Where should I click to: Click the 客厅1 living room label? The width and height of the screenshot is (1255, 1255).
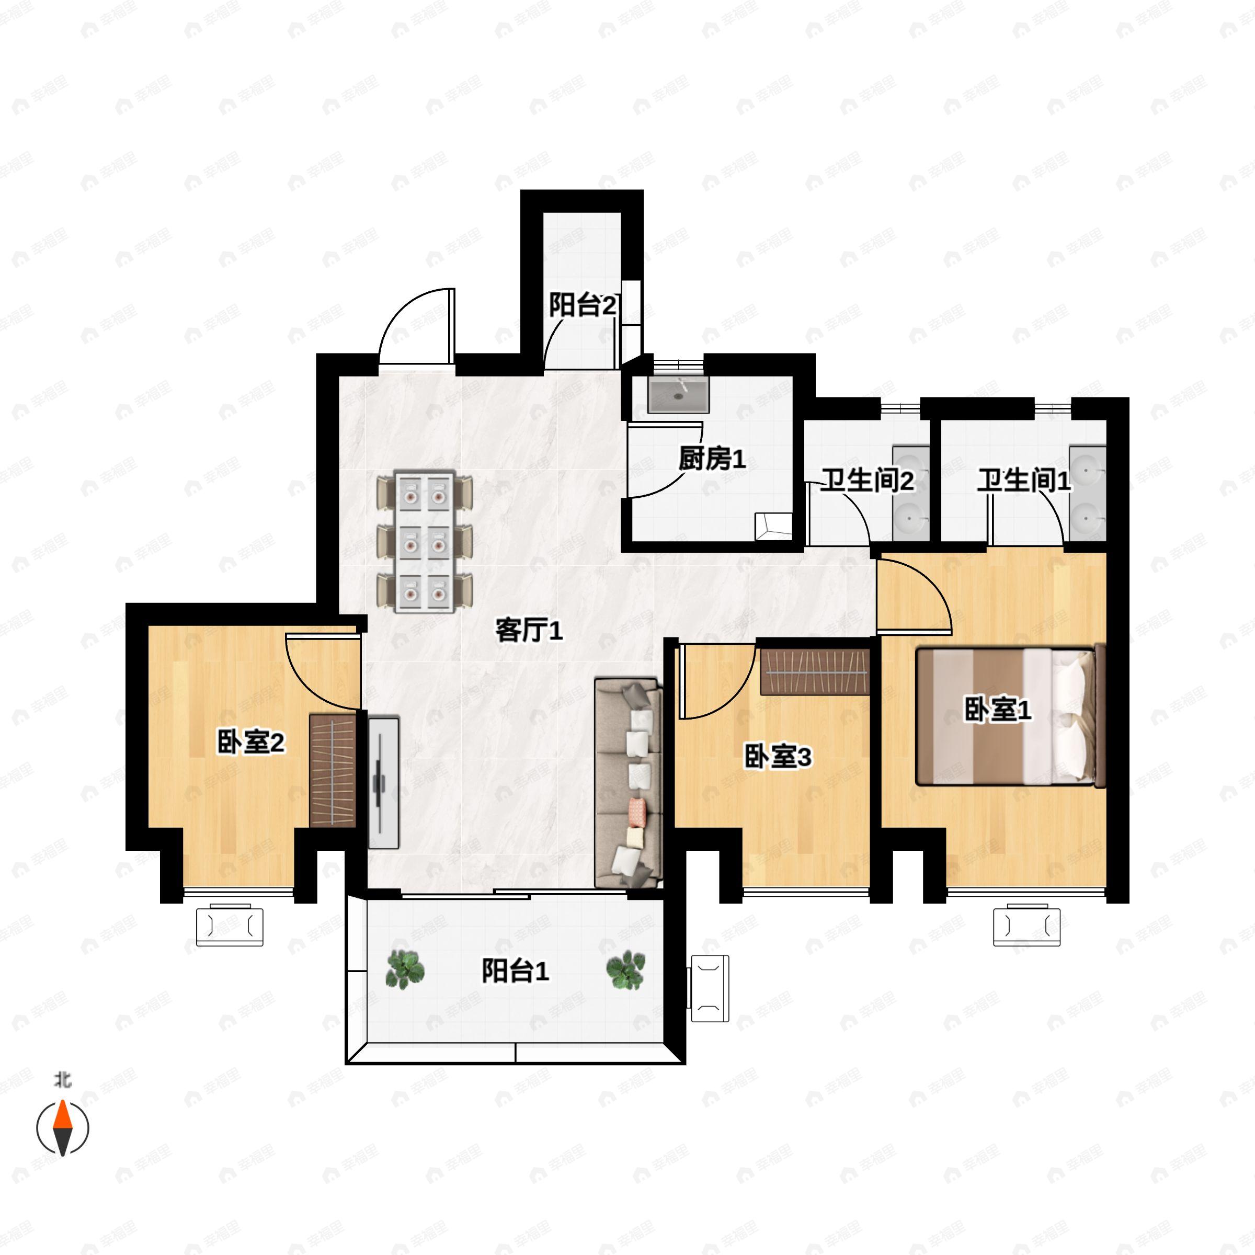click(x=529, y=630)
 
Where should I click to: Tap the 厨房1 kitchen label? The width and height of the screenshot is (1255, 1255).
click(x=712, y=459)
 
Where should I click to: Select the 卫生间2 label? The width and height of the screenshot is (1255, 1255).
click(x=866, y=480)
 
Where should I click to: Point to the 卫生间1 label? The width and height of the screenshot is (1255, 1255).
click(x=1024, y=480)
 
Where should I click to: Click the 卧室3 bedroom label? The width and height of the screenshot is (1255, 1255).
click(x=778, y=756)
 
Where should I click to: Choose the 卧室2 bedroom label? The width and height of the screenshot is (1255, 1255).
click(x=251, y=742)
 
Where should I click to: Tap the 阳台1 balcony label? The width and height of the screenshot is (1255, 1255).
click(x=515, y=971)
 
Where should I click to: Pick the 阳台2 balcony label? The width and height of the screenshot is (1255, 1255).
click(x=583, y=305)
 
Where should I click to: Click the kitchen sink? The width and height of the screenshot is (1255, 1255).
click(x=678, y=394)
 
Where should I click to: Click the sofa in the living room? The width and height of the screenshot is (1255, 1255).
click(x=628, y=783)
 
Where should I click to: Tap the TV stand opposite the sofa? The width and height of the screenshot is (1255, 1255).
click(x=384, y=783)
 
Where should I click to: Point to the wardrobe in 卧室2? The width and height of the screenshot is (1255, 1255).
click(x=333, y=770)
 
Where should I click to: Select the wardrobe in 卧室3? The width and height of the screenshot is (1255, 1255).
click(x=815, y=671)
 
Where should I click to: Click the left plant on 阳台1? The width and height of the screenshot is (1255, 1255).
click(x=405, y=970)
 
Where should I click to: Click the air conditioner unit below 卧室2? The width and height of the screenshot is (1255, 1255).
click(x=230, y=925)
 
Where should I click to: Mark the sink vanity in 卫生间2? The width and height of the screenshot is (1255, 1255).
click(x=911, y=493)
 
